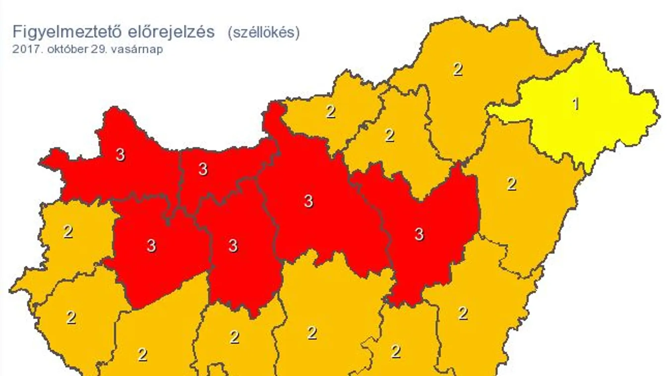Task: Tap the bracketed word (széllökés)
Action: tap(264, 33)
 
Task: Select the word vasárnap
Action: tap(134, 49)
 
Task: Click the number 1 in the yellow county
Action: tap(575, 104)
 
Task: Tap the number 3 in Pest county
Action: tap(308, 201)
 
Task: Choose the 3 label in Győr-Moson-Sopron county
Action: tap(120, 154)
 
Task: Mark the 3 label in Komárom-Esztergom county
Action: tap(202, 169)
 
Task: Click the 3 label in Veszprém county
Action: tap(151, 245)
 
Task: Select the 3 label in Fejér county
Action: tap(233, 245)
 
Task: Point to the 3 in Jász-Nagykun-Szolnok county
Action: tap(419, 234)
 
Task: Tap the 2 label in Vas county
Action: tap(68, 231)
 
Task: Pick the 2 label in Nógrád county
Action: tap(330, 112)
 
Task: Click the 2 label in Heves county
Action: tap(390, 135)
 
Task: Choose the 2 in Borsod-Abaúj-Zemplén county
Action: tap(457, 69)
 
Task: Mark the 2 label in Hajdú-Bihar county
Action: tap(511, 184)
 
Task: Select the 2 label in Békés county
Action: tap(463, 313)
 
